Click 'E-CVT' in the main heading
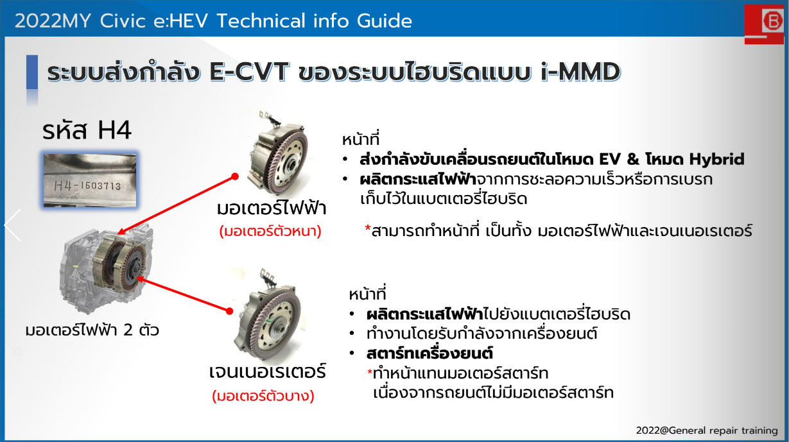pos(249,72)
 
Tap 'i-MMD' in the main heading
pos(580,72)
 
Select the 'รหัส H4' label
pos(87,131)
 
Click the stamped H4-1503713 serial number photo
pos(90,180)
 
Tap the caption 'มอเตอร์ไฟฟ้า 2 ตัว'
pos(92,330)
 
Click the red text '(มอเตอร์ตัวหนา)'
pos(270,232)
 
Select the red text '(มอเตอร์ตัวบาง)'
pos(263,396)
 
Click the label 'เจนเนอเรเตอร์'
pos(268,372)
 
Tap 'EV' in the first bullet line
pos(610,159)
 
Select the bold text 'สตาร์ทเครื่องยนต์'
pos(429,353)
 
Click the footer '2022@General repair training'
pos(707,430)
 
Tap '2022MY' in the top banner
pos(53,21)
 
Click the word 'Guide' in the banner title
pos(385,21)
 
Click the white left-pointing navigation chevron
pos(13,225)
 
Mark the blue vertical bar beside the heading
pos(32,72)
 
